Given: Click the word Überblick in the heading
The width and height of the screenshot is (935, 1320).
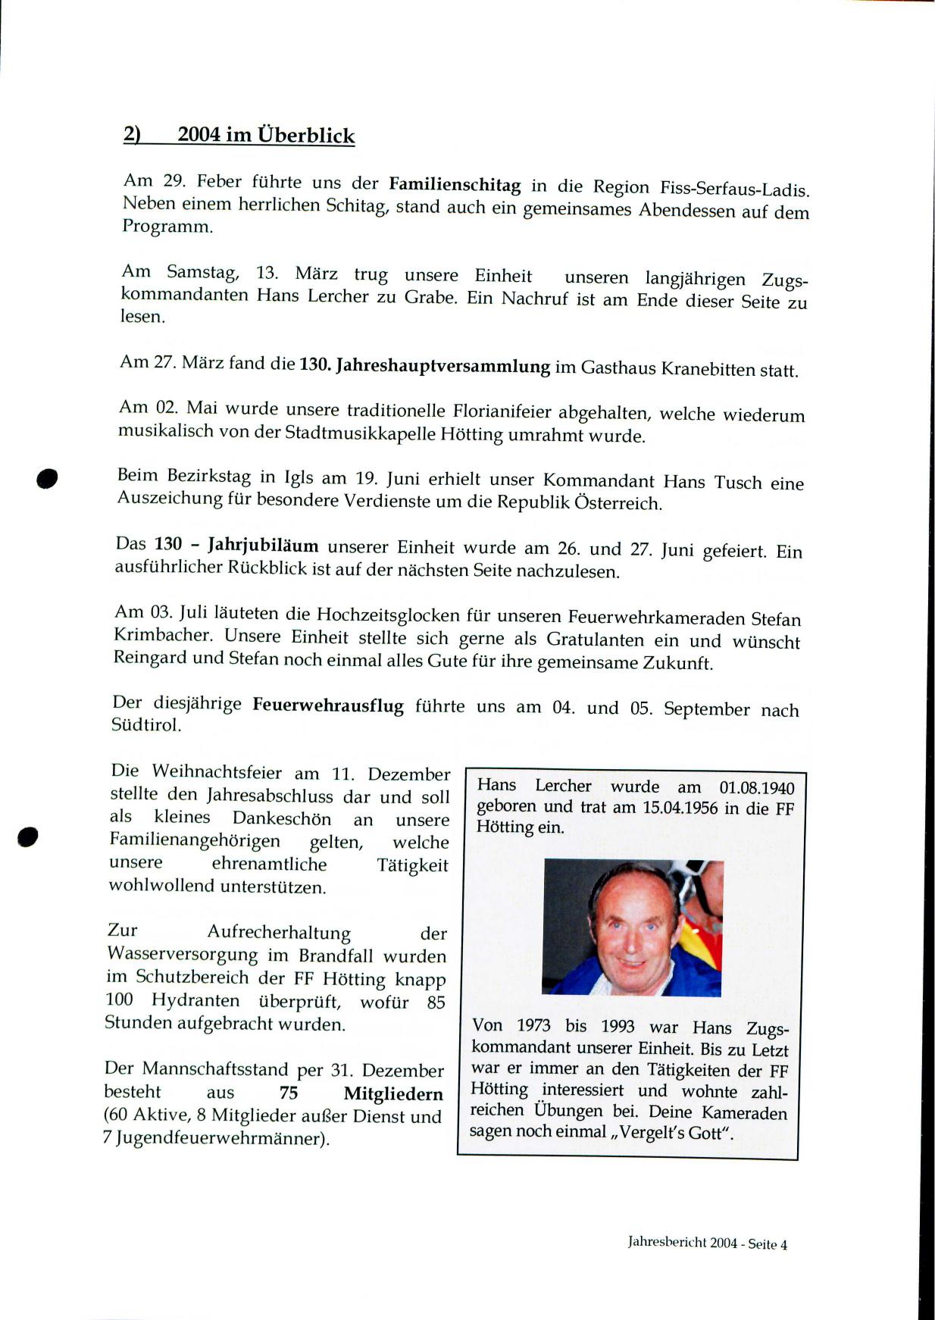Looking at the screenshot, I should [x=306, y=136].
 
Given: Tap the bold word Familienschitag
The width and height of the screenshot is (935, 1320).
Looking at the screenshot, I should [x=455, y=185].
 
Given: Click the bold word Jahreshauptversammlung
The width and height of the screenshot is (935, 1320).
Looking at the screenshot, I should [x=442, y=367].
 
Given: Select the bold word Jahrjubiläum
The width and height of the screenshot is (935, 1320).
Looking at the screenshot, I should [x=263, y=546].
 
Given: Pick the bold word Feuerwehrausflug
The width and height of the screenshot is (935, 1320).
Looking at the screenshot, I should [x=327, y=705].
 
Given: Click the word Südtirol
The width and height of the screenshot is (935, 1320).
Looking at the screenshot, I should [x=146, y=724].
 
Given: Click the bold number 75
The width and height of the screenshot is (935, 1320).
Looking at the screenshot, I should [x=289, y=1093].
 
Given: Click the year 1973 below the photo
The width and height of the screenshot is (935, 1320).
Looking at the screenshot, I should [x=533, y=1026].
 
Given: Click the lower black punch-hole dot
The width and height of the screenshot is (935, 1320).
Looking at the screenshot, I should [x=28, y=837].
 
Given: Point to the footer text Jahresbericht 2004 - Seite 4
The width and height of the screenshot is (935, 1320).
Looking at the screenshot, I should [x=707, y=1243].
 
